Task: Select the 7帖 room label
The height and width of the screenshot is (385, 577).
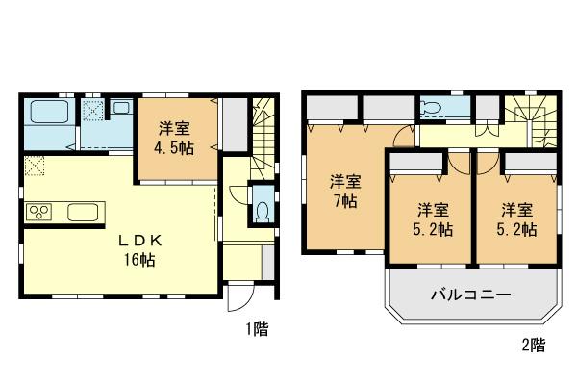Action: click(345, 191)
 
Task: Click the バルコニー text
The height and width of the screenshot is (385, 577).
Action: click(470, 295)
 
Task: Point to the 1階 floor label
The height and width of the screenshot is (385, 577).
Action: click(256, 329)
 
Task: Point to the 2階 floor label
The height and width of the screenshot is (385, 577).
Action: click(533, 345)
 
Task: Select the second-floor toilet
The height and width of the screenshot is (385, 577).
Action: click(432, 108)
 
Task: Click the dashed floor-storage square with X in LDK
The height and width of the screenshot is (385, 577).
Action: click(35, 167)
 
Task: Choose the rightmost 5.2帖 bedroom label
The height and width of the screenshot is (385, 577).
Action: click(517, 218)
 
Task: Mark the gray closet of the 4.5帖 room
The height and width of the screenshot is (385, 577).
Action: click(233, 122)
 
